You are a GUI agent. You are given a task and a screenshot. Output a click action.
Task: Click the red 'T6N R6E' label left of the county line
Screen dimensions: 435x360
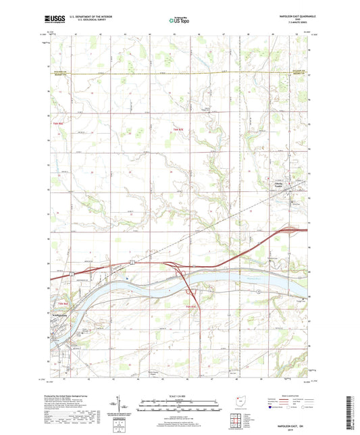click(57, 124)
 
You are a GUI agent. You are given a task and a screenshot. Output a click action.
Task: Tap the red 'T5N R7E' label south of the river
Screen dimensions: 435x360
click(191, 306)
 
